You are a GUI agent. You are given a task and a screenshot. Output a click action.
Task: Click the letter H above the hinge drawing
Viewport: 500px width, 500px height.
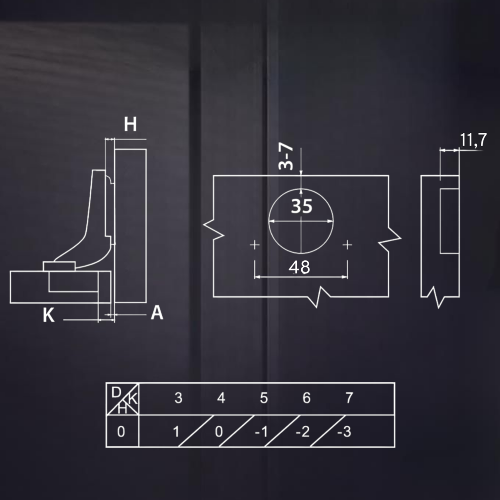tap(130, 125)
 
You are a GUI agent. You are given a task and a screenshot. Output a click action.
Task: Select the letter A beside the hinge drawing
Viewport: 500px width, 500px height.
tap(157, 313)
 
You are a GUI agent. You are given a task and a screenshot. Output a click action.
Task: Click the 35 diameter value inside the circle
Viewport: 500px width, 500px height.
tap(301, 207)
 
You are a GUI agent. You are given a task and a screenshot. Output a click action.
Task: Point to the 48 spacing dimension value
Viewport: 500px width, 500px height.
tap(299, 268)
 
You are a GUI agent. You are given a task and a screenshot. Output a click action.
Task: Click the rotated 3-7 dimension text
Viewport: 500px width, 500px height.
tap(286, 156)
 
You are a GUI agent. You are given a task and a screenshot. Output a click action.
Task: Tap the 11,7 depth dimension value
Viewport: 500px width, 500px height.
tap(473, 141)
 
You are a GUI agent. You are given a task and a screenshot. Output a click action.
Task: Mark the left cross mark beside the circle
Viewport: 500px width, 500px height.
tap(254, 244)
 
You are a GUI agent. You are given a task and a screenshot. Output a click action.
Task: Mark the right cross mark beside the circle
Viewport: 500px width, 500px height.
tap(347, 244)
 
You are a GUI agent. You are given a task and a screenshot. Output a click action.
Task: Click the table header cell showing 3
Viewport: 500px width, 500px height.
tap(178, 398)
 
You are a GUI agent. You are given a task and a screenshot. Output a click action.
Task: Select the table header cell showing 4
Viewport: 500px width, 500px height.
tap(221, 398)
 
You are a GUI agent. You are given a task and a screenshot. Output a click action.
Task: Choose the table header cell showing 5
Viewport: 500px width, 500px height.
tap(264, 398)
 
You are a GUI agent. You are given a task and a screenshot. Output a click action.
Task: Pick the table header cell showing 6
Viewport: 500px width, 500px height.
tap(306, 398)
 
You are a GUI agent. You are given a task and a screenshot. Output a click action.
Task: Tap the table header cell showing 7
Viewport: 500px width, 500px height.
tap(349, 398)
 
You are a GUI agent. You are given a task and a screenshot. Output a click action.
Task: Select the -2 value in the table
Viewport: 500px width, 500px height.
tap(302, 432)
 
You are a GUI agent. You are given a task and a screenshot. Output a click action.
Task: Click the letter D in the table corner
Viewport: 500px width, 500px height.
tap(116, 392)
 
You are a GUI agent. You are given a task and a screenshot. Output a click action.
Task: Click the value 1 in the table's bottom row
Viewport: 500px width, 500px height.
tap(176, 432)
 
